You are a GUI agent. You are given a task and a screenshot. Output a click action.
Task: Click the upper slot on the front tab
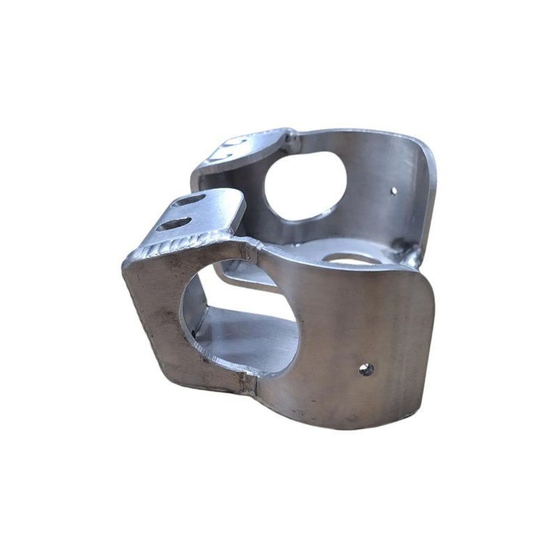pos(189,200)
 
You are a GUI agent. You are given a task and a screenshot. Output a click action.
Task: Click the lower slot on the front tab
pos(174,224)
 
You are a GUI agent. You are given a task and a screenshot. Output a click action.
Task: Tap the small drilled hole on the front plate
pos(365,369)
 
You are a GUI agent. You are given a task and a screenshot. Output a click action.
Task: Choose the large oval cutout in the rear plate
pos(306,183)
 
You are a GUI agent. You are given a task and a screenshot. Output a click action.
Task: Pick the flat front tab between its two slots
pos(183,212)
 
